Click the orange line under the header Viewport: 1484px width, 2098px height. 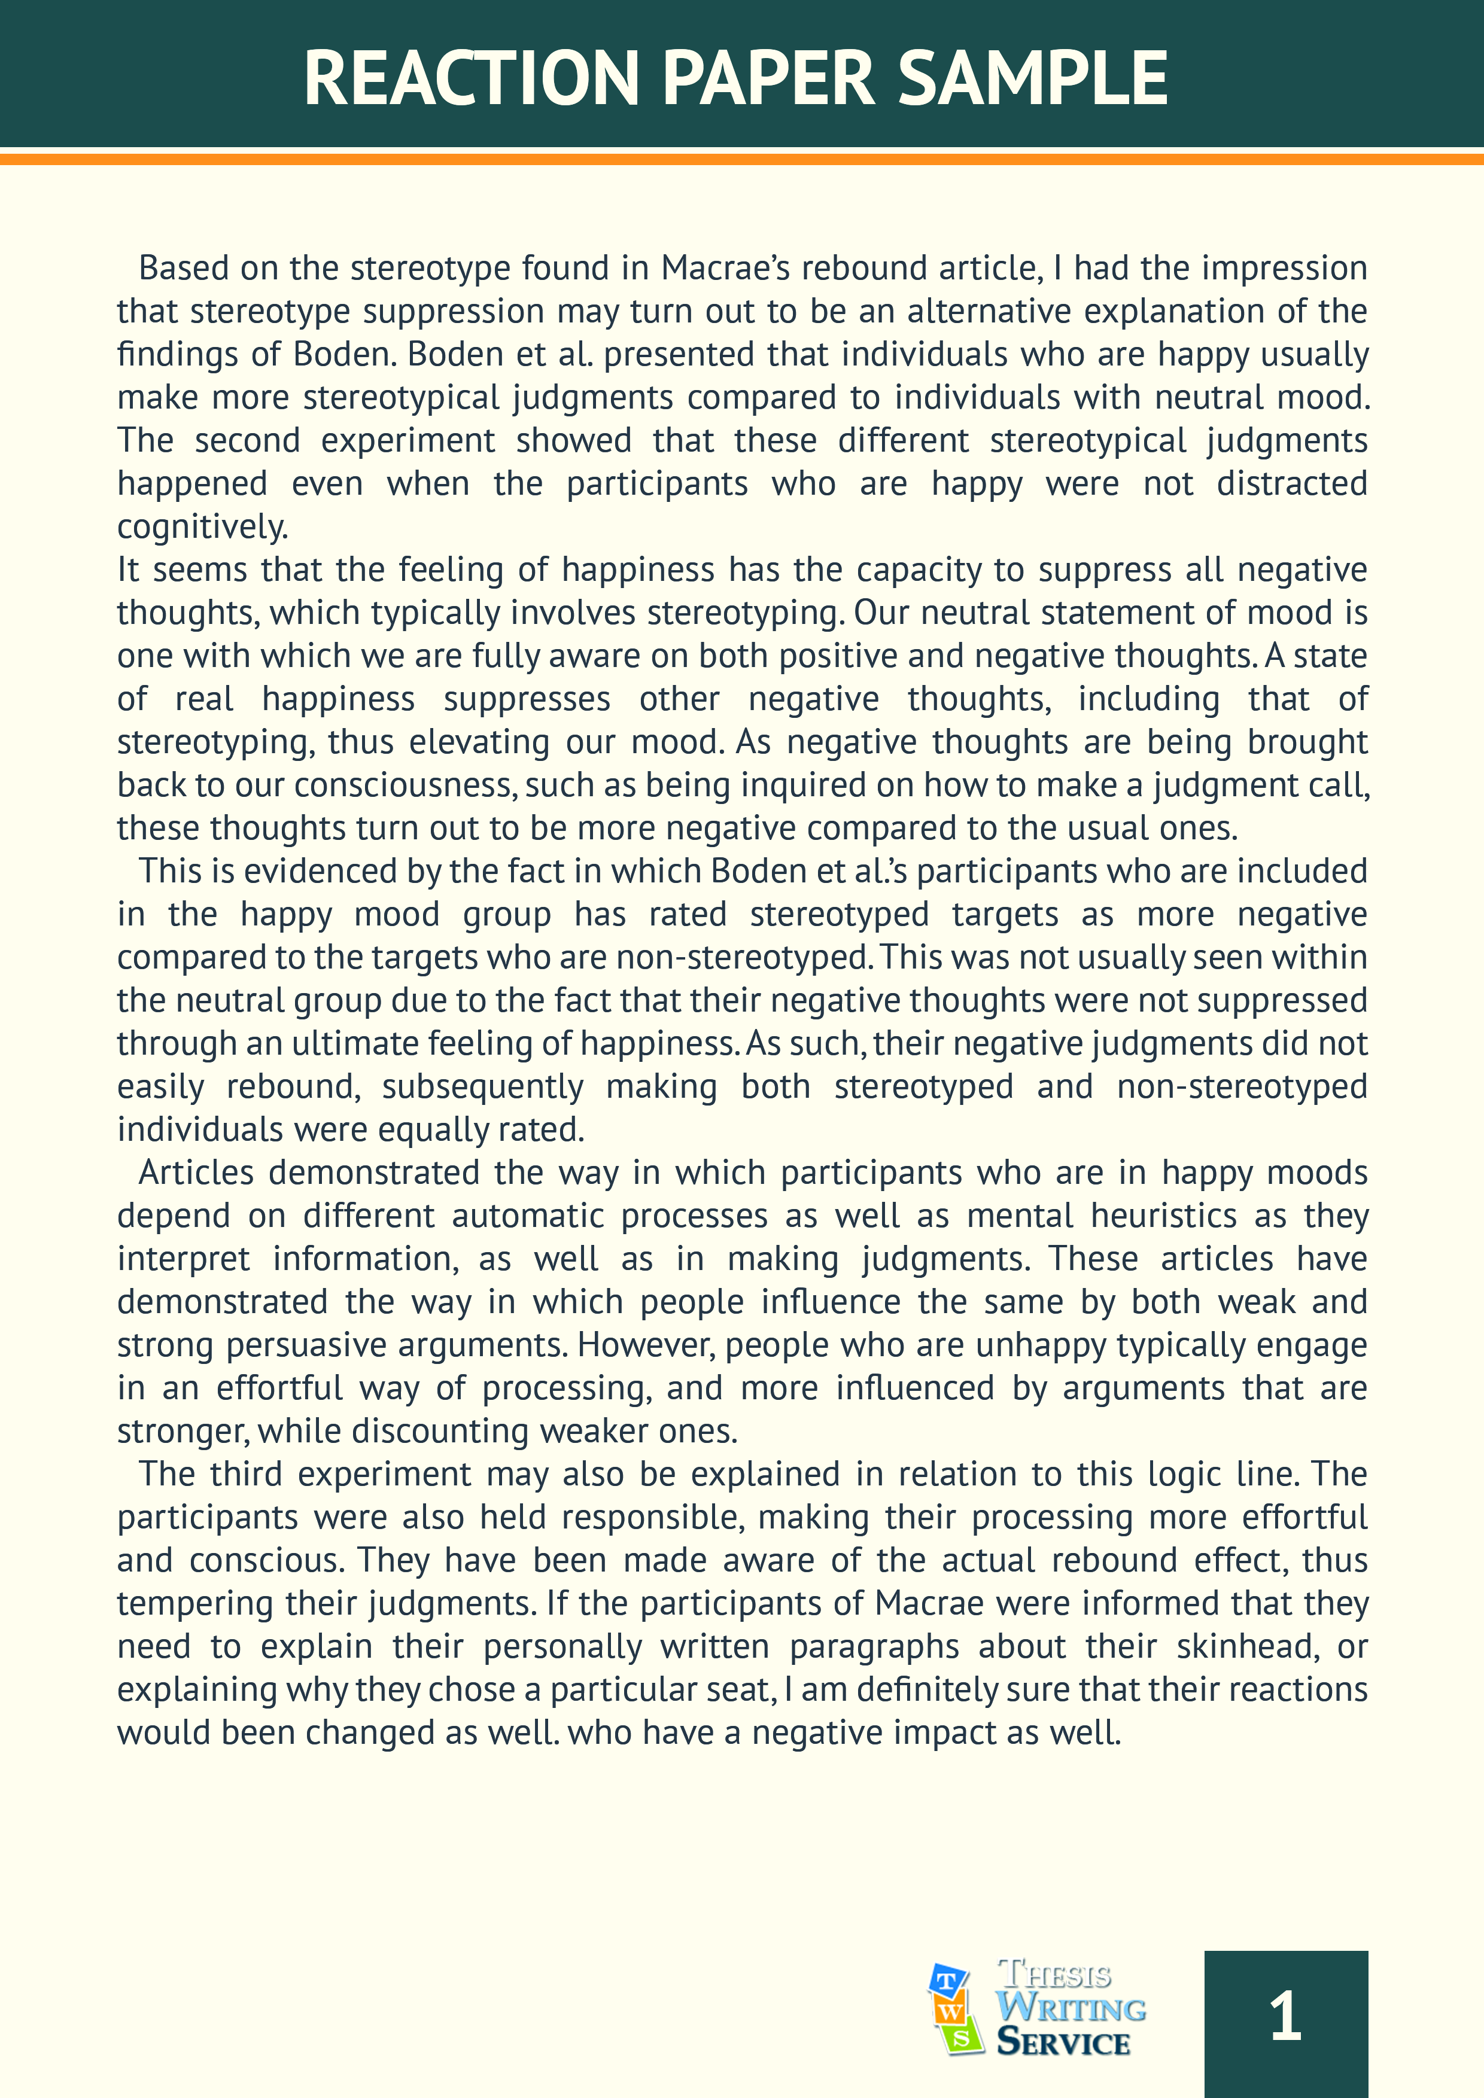click(742, 159)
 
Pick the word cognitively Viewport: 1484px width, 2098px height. click(202, 527)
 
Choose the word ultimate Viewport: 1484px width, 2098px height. click(355, 1043)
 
